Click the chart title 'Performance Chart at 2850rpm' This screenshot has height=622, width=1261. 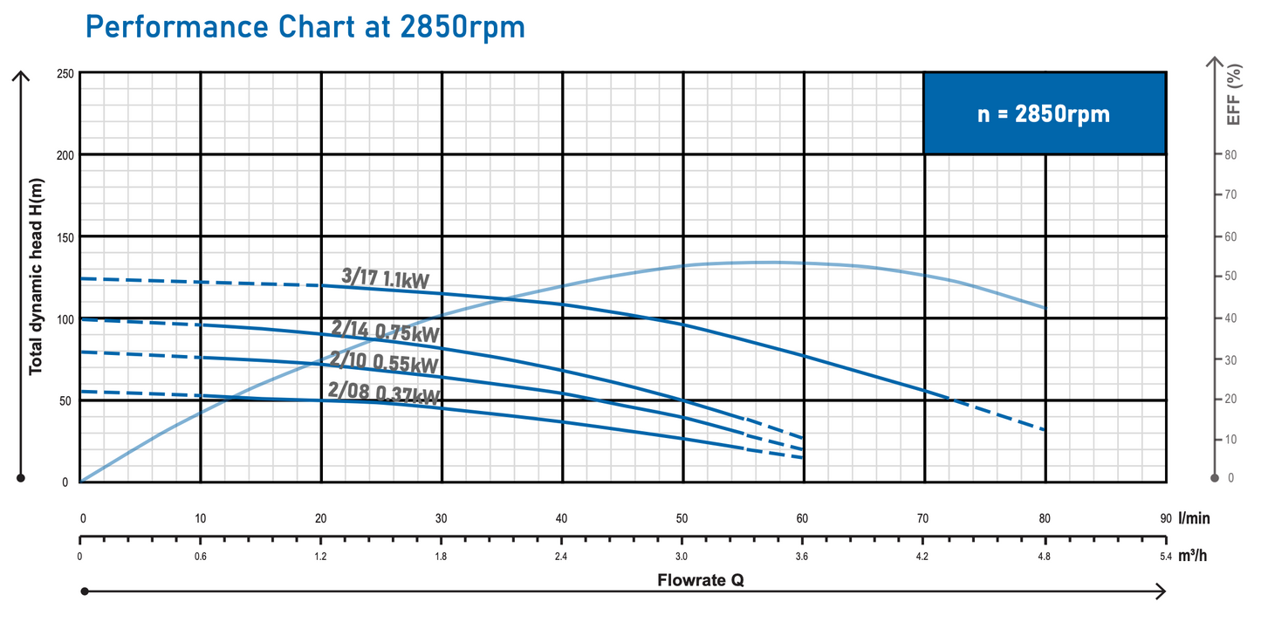[x=305, y=27]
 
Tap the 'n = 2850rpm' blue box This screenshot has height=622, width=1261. [x=1044, y=113]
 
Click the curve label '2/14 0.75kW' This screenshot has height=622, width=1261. [x=385, y=331]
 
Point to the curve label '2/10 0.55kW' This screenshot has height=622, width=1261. [x=384, y=360]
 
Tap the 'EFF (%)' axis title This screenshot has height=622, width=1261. [x=1234, y=94]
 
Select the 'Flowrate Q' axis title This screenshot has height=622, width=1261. [x=701, y=580]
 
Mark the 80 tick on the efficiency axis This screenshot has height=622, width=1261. [x=1230, y=155]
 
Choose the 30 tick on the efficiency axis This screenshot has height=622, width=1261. [x=1230, y=359]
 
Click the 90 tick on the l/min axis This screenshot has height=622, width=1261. [x=1165, y=518]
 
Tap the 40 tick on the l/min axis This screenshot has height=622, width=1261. [x=562, y=518]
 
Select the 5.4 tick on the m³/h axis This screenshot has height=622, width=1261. [x=1165, y=556]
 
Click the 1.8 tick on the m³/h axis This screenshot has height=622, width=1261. [x=442, y=556]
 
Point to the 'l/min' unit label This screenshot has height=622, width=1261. [x=1194, y=518]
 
